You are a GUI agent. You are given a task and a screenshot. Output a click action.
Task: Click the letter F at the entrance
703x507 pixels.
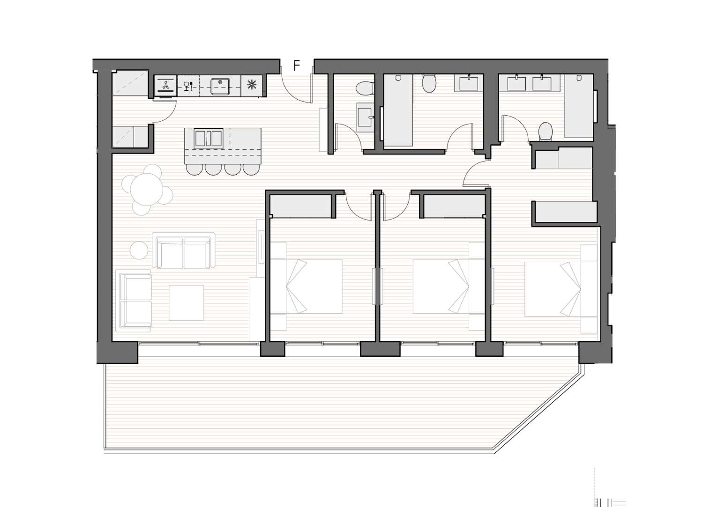pos(297,66)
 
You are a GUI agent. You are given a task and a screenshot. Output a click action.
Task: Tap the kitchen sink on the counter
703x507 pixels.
pos(220,86)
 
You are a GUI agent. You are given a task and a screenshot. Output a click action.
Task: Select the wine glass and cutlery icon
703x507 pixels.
pos(188,86)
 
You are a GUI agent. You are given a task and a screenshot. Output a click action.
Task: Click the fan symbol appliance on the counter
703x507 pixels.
pos(166,85)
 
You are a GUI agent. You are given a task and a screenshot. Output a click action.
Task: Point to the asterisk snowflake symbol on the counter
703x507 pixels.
pos(252,85)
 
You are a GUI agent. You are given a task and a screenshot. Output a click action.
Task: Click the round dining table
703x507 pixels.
pos(147,190)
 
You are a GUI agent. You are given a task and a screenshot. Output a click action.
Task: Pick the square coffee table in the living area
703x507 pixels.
pos(187,302)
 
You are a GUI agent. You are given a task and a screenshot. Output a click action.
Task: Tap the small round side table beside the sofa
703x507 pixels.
pos(139,250)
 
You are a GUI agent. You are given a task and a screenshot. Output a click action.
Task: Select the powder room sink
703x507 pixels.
pos(365,117)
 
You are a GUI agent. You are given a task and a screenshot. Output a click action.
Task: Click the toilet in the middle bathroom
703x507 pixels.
pos(429,83)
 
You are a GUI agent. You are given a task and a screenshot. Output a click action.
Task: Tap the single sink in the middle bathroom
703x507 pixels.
pos(469,83)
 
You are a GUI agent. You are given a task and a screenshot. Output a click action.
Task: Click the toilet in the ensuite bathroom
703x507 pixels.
pos(546,131)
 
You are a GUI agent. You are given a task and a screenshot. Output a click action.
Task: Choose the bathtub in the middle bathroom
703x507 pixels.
pos(398,110)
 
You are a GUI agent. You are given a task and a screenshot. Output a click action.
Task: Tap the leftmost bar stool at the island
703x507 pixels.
pos(194,169)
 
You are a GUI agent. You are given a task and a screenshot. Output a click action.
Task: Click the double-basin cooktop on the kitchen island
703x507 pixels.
pos(209,138)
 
